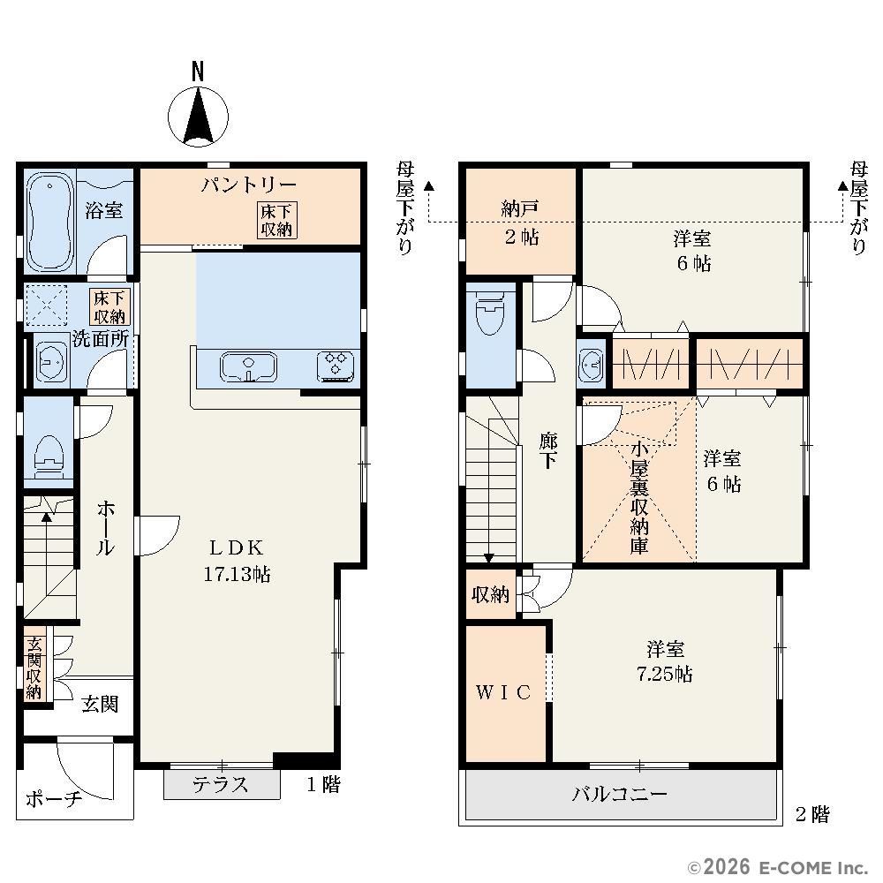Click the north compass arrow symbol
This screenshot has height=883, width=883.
tap(198, 118)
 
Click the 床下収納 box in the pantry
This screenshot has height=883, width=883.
tap(276, 220)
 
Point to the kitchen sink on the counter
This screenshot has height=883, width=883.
tap(248, 367)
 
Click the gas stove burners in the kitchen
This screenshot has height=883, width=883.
tap(336, 366)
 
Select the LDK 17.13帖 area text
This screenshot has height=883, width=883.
tap(237, 561)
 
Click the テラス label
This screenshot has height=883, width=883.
tap(221, 784)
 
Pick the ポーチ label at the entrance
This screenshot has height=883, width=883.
tap(54, 798)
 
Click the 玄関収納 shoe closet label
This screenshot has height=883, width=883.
tap(34, 668)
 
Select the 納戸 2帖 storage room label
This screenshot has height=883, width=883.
tap(521, 223)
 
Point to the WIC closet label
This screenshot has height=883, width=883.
tap(503, 692)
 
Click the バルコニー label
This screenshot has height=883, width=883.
tap(620, 794)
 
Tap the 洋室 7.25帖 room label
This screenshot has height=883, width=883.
tap(665, 661)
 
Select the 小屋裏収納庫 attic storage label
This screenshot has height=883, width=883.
tap(639, 498)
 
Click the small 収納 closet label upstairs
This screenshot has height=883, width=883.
tap(490, 594)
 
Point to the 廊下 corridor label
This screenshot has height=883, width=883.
tap(548, 450)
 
